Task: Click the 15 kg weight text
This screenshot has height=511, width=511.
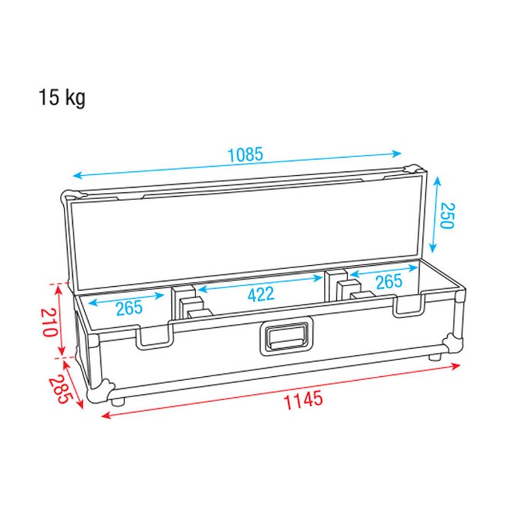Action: (x=61, y=98)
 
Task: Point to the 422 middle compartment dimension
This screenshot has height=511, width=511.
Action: (x=261, y=294)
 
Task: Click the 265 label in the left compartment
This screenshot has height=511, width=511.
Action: (x=130, y=309)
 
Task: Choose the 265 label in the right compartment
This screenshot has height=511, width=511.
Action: (x=388, y=281)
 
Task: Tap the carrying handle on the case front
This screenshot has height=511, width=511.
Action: (x=287, y=336)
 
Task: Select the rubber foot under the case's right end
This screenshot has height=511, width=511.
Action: (x=436, y=358)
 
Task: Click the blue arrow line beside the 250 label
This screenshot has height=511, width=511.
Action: (x=435, y=214)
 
